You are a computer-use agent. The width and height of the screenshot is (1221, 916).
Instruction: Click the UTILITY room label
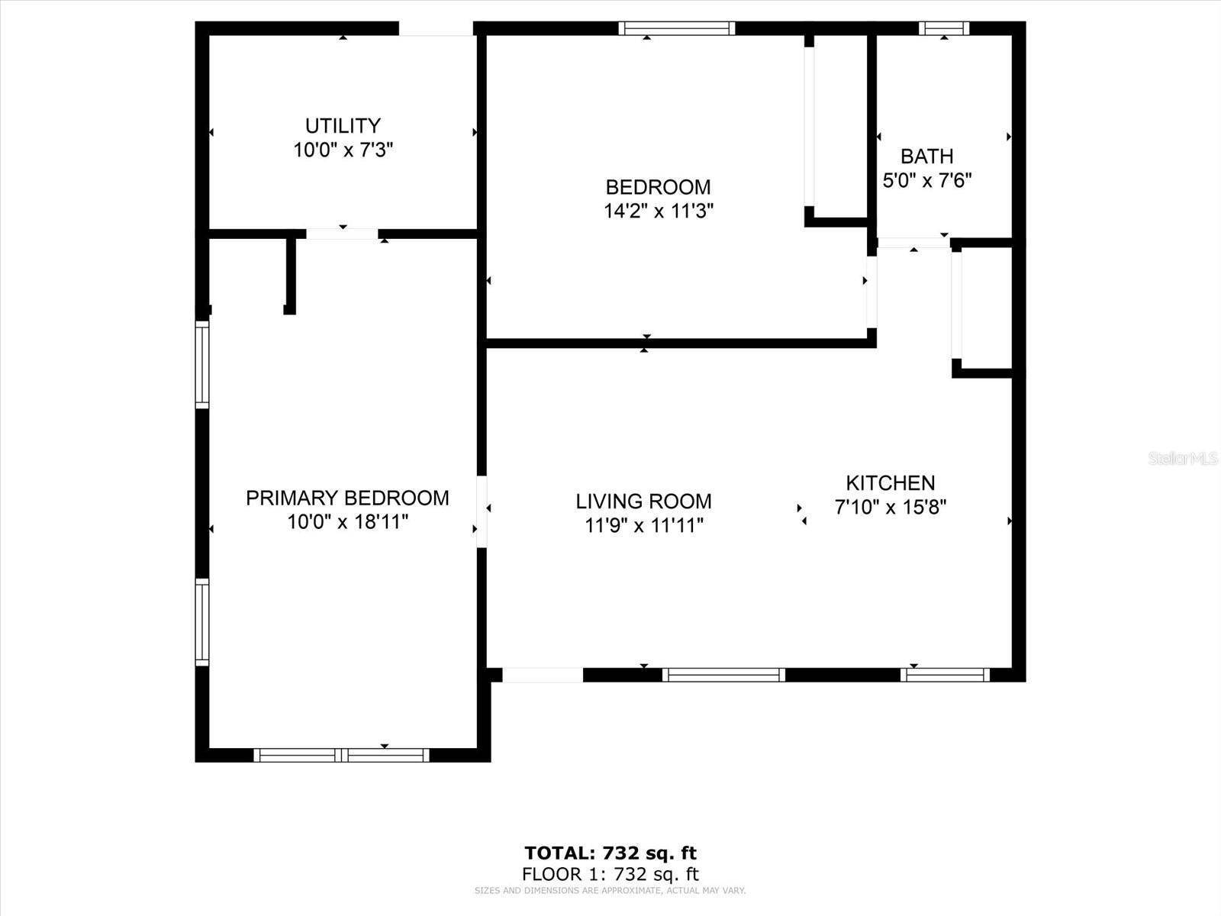click(x=343, y=126)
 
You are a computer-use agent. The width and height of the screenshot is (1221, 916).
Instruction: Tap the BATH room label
click(x=926, y=156)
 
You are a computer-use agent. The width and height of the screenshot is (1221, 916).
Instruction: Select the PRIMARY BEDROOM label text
click(x=347, y=498)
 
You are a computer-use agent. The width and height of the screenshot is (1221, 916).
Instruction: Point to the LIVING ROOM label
click(x=643, y=502)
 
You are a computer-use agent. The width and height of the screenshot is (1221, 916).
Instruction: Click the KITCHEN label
click(x=890, y=483)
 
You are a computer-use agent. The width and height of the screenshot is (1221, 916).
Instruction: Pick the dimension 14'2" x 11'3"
click(x=659, y=211)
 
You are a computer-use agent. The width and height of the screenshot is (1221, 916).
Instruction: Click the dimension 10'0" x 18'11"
click(x=347, y=523)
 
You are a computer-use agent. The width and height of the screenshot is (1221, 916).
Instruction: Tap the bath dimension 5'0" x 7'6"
click(x=926, y=181)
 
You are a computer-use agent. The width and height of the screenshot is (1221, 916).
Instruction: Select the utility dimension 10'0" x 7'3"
click(x=343, y=150)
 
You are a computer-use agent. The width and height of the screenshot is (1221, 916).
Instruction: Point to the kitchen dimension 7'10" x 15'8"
click(x=890, y=508)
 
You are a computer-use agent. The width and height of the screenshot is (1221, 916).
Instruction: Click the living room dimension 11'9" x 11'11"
click(x=643, y=526)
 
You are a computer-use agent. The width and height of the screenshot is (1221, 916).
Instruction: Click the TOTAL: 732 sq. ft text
click(x=610, y=853)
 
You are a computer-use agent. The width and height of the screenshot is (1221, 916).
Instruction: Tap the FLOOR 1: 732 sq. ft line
click(x=610, y=875)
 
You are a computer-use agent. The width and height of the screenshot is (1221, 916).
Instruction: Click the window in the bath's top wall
click(x=944, y=29)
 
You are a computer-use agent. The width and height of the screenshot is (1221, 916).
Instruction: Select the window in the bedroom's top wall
click(x=676, y=29)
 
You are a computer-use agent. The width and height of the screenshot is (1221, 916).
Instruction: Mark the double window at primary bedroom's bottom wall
click(x=341, y=755)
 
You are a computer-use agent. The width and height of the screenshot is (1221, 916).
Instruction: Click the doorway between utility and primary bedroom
click(x=342, y=234)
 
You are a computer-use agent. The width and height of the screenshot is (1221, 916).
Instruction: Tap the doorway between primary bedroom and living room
click(x=482, y=511)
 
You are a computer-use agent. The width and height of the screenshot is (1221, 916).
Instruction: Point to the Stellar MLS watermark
click(x=1184, y=459)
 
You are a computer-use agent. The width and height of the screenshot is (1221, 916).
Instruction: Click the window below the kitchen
click(x=945, y=675)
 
